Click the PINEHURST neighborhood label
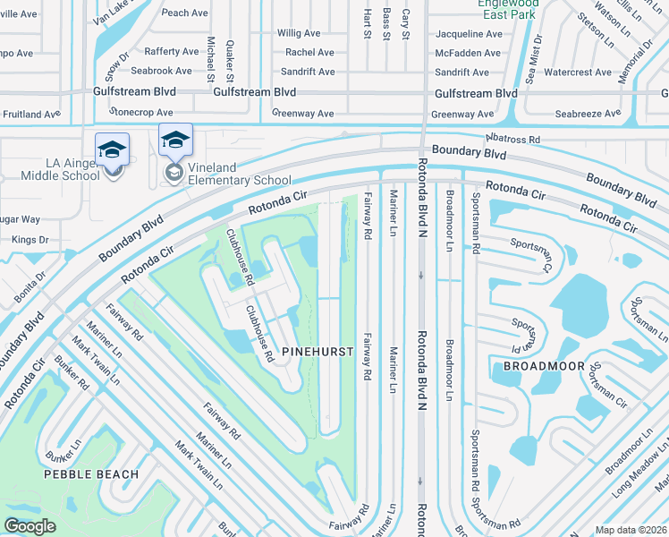(x=318, y=353)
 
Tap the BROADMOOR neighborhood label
(x=544, y=367)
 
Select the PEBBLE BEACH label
(x=91, y=474)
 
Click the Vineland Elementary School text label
(x=240, y=180)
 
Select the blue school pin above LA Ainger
(x=112, y=149)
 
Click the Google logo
(x=30, y=526)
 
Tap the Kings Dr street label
(x=30, y=240)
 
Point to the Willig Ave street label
(x=299, y=33)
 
